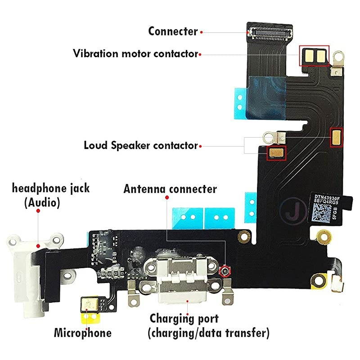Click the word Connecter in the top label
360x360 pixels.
(x=173, y=31)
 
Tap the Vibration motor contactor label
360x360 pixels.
(x=135, y=54)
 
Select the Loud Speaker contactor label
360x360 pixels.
(x=140, y=146)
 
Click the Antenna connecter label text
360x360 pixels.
(x=170, y=189)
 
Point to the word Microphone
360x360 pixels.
(x=82, y=333)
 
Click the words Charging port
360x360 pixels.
(x=184, y=319)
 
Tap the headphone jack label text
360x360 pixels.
(x=50, y=188)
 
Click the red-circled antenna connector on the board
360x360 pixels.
(x=225, y=271)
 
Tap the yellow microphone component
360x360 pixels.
(x=90, y=306)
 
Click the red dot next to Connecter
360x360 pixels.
(x=202, y=32)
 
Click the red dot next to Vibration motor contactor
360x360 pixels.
(x=200, y=54)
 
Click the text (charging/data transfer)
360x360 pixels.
(x=209, y=333)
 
